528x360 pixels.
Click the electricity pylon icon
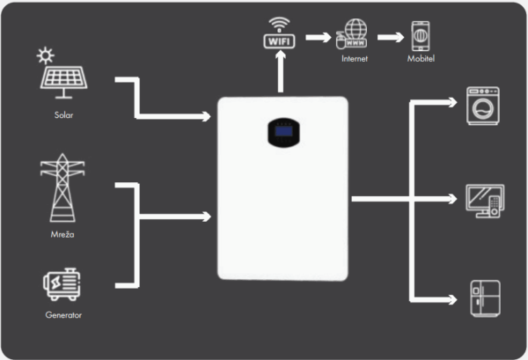pos(62,188)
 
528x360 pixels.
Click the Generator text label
pos(62,314)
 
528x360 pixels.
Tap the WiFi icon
pos(277,35)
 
